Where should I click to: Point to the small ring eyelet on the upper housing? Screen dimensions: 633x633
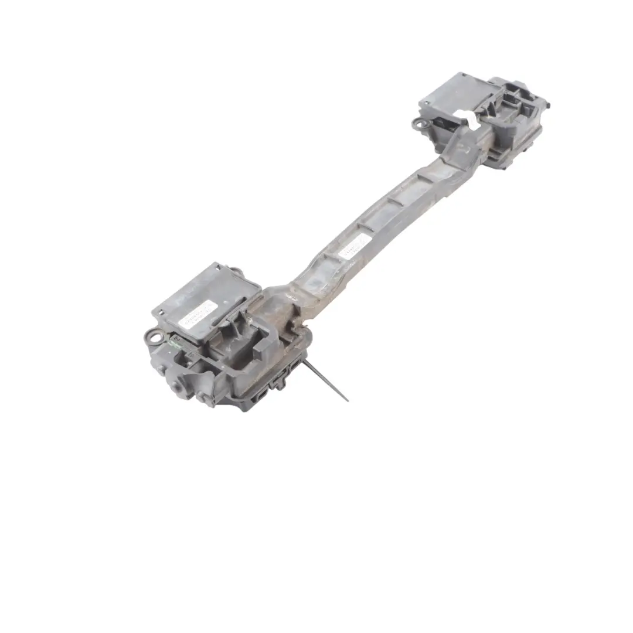coord(418,122)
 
